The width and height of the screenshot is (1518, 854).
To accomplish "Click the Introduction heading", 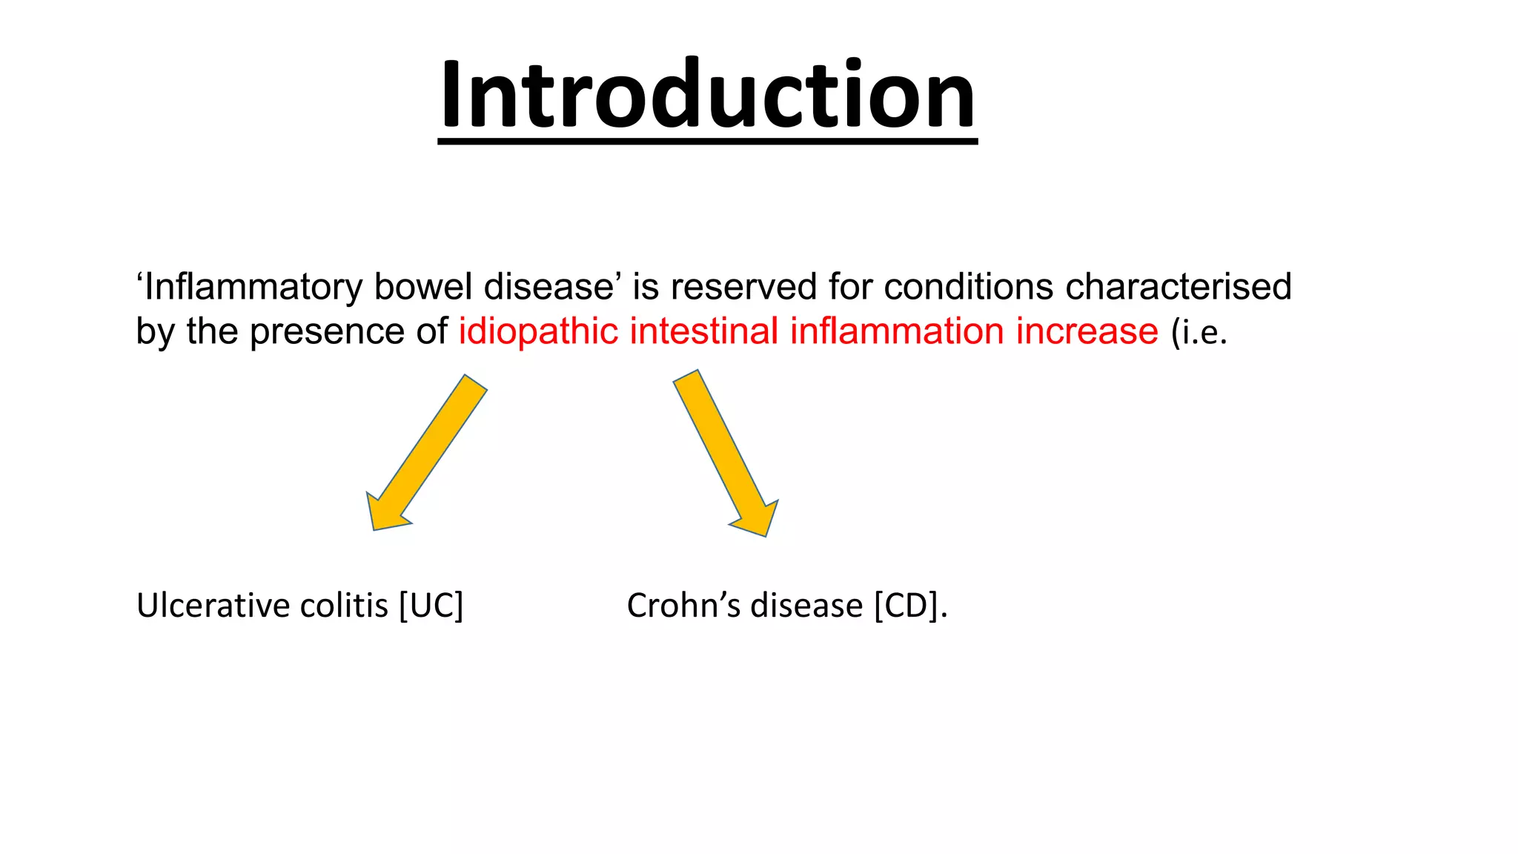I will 707,95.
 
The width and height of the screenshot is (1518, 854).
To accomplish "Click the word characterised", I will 1178,287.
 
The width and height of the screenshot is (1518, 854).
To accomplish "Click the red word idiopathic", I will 538,331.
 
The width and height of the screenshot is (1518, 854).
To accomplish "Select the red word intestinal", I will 704,331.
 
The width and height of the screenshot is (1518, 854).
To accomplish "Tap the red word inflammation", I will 896,331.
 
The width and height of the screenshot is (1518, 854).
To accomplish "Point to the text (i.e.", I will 1199,331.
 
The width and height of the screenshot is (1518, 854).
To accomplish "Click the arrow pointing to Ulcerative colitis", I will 426,453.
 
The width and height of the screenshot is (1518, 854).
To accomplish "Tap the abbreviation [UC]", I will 431,606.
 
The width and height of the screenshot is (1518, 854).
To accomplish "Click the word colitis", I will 344,606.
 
